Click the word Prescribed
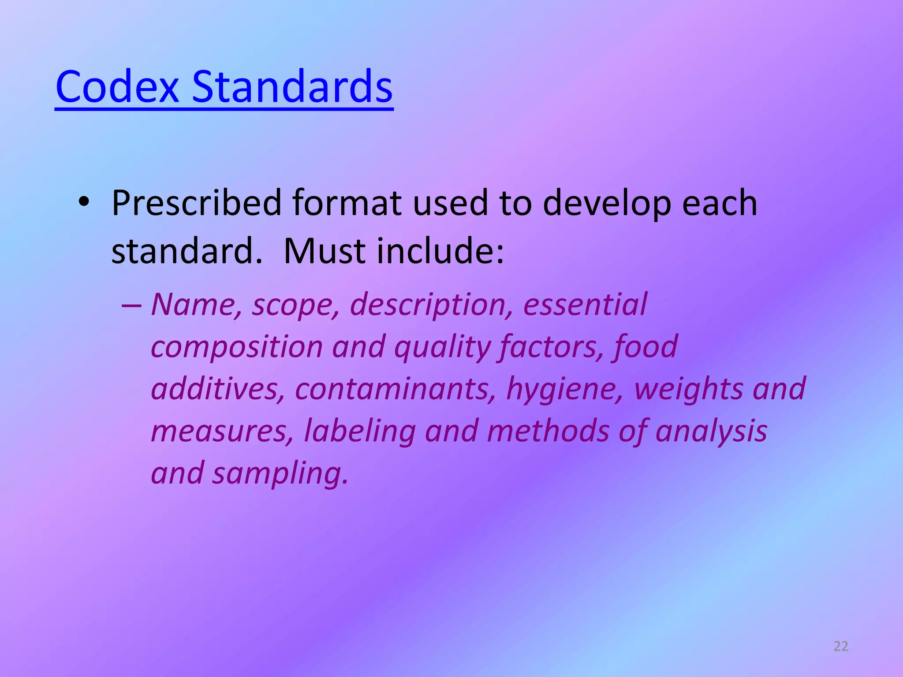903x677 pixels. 197,203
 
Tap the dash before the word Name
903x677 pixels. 131,305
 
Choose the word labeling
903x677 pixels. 360,431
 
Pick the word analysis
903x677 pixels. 711,431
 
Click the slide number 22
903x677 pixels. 841,646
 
